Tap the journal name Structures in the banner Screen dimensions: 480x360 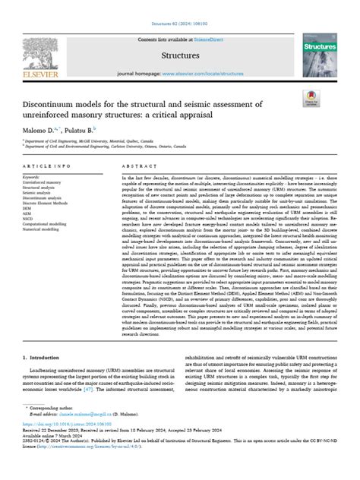(178, 55)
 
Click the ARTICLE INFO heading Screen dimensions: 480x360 (48, 186)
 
